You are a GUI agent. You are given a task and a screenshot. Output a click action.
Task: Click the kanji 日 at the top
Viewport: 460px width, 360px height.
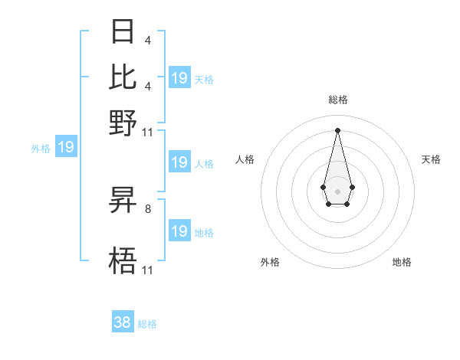click(123, 32)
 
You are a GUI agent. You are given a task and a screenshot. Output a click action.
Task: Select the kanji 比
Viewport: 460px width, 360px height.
click(123, 77)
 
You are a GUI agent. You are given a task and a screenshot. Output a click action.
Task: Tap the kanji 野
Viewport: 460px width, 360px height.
click(123, 122)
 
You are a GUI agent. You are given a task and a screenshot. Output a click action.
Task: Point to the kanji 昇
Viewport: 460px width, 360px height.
click(123, 201)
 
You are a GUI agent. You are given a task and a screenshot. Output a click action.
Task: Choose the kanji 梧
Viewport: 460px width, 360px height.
click(123, 261)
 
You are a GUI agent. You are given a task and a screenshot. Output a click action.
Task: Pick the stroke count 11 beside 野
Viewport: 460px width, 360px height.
click(148, 132)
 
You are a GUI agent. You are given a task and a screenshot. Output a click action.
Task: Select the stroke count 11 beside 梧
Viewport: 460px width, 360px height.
click(148, 270)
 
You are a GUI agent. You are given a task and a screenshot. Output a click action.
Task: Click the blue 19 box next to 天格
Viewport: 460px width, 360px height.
click(179, 78)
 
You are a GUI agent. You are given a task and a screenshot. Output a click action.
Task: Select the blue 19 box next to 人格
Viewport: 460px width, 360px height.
click(179, 162)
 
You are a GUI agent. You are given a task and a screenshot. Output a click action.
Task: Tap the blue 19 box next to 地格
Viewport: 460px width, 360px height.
click(179, 231)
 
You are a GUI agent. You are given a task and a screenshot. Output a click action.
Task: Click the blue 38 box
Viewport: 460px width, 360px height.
click(123, 322)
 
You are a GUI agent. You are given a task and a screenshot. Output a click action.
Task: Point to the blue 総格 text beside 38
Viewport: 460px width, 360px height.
click(147, 324)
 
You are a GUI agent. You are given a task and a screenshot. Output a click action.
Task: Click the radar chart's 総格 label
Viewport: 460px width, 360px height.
click(337, 100)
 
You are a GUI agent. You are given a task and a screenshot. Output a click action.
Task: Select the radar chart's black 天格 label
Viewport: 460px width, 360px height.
click(431, 159)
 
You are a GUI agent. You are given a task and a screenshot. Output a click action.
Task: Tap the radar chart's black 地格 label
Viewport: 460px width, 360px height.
click(402, 262)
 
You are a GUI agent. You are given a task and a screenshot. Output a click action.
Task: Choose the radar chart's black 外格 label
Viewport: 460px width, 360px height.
click(270, 262)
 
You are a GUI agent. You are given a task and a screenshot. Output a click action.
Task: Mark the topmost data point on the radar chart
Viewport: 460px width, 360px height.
click(337, 129)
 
